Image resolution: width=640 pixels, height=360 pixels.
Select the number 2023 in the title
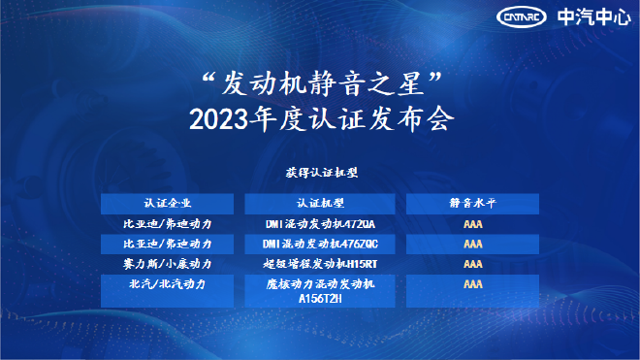[x=219, y=121]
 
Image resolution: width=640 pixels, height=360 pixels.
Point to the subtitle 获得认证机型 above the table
[x=321, y=174]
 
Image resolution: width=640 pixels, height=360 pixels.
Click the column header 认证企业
[x=168, y=204]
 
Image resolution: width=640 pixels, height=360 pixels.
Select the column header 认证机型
[x=320, y=204]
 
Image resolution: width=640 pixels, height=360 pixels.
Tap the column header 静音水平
[x=473, y=204]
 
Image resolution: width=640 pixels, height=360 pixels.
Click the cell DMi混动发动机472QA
[x=320, y=225]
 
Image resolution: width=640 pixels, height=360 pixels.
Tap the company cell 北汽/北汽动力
[x=168, y=284]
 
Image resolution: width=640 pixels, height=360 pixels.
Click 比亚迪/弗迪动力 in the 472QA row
[x=168, y=225]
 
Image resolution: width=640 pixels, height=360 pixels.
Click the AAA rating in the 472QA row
[x=473, y=225]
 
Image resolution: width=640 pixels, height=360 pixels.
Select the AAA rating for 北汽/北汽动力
[x=473, y=284]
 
